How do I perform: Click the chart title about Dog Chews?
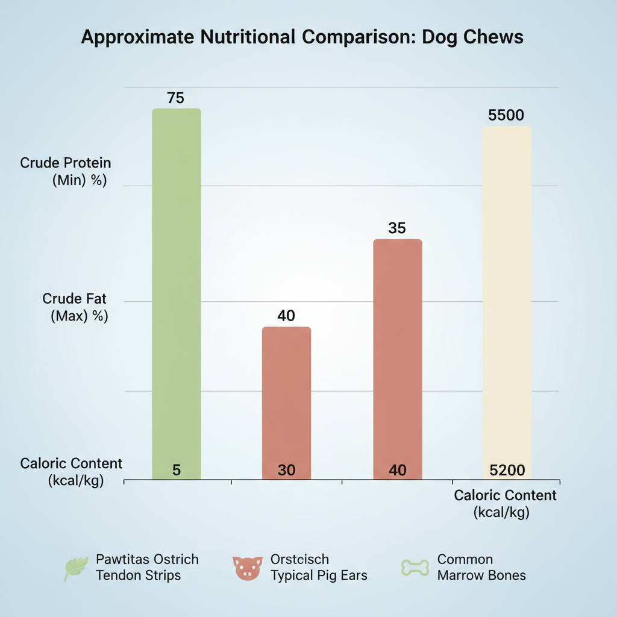pyautogui.click(x=302, y=37)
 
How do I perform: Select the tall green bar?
pyautogui.click(x=176, y=289)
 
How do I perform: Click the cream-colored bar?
pyautogui.click(x=507, y=301)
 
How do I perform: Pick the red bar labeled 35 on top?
pyautogui.click(x=398, y=355)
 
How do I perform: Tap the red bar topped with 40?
pyautogui.click(x=286, y=398)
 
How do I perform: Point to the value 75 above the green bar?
pyautogui.click(x=175, y=98)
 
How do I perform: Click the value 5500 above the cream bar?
pyautogui.click(x=506, y=116)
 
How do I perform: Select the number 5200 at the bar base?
pyautogui.click(x=507, y=471)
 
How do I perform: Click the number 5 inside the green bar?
pyautogui.click(x=176, y=471)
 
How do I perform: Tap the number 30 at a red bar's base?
pyautogui.click(x=286, y=471)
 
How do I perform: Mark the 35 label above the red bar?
pyautogui.click(x=397, y=228)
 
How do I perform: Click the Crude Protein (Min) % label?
pyautogui.click(x=65, y=171)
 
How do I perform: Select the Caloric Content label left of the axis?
pyautogui.click(x=71, y=472)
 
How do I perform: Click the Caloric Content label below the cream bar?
pyautogui.click(x=505, y=504)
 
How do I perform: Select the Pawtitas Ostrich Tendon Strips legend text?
pyautogui.click(x=146, y=567)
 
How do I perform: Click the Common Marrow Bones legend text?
pyautogui.click(x=481, y=567)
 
